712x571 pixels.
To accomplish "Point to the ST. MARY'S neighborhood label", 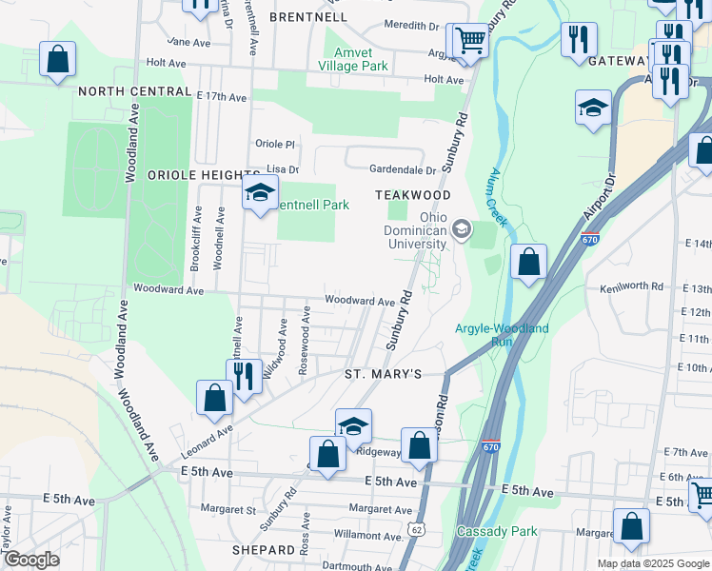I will [382, 375].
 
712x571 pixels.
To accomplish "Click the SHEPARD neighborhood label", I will [264, 550].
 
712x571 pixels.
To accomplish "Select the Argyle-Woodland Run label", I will [502, 334].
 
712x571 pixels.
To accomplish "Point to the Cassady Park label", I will [497, 531].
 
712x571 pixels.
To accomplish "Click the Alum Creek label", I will [496, 198].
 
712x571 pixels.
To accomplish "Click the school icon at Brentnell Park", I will [258, 194].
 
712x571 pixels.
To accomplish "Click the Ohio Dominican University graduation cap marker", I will [462, 229].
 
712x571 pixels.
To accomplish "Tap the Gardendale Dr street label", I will [403, 170].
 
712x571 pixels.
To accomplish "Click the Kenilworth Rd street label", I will [630, 286].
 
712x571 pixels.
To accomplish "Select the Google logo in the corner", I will [30, 560].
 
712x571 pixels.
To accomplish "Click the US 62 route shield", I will [414, 527].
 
